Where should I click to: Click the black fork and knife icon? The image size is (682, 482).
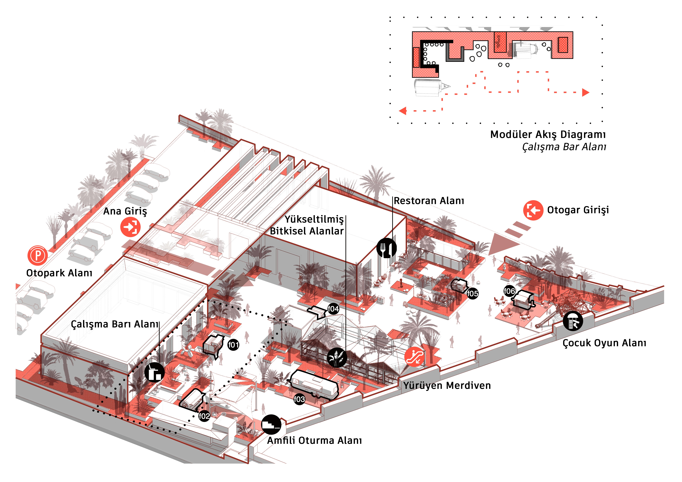click(x=386, y=248)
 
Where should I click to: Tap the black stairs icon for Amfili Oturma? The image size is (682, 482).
click(x=271, y=424)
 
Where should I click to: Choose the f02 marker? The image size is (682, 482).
click(x=204, y=416)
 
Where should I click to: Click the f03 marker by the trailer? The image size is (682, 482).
click(x=299, y=399)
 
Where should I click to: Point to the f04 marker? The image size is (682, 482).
click(x=333, y=309)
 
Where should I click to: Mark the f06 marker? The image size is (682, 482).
click(x=509, y=291)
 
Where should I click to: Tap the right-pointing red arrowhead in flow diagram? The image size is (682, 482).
click(x=585, y=93)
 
